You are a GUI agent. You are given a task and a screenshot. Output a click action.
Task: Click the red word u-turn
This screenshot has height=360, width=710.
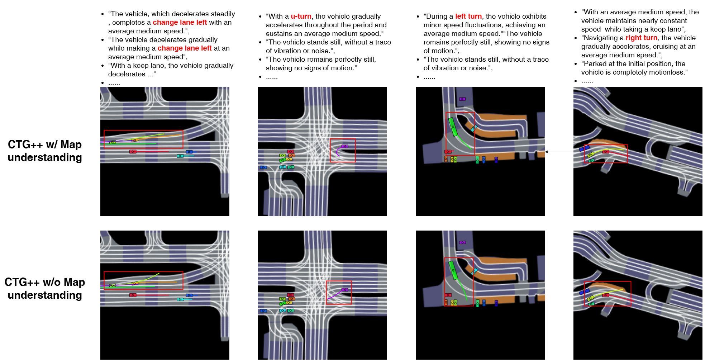pos(301,16)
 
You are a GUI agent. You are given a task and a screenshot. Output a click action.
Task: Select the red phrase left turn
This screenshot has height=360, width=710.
pos(468,16)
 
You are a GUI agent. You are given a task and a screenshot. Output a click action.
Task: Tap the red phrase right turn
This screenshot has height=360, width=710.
pos(642,38)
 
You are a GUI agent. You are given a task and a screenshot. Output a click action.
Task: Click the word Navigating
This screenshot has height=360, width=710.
pos(601,38)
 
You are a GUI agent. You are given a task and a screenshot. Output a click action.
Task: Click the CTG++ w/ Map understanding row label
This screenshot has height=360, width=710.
pos(45,151)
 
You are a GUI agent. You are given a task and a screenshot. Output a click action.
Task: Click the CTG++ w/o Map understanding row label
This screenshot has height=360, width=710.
pos(45,289)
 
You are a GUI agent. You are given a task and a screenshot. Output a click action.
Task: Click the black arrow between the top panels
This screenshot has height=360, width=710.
pos(559,152)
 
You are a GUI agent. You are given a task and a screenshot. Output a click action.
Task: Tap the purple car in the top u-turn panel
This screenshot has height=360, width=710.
pos(345,146)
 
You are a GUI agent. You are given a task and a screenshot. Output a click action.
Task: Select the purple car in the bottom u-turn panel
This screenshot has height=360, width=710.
pos(345,290)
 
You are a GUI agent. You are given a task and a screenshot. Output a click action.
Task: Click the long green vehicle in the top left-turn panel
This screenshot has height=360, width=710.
pos(453,127)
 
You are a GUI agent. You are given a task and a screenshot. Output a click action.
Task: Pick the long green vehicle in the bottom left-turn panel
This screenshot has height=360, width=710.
pos(453,270)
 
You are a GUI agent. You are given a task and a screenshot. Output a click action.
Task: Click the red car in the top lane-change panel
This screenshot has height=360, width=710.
pos(133,152)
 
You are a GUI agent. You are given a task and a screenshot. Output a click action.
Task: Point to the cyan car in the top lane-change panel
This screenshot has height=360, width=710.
pos(180,156)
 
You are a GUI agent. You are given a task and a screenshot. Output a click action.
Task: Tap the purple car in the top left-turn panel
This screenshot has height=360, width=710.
pos(462,99)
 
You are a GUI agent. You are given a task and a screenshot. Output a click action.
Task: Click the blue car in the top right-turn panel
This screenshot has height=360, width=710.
pos(584,148)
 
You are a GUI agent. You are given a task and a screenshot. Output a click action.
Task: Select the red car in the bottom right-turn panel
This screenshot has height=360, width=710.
pos(606,295)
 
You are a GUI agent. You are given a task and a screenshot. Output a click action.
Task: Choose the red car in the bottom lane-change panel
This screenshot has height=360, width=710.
pos(133,295)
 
